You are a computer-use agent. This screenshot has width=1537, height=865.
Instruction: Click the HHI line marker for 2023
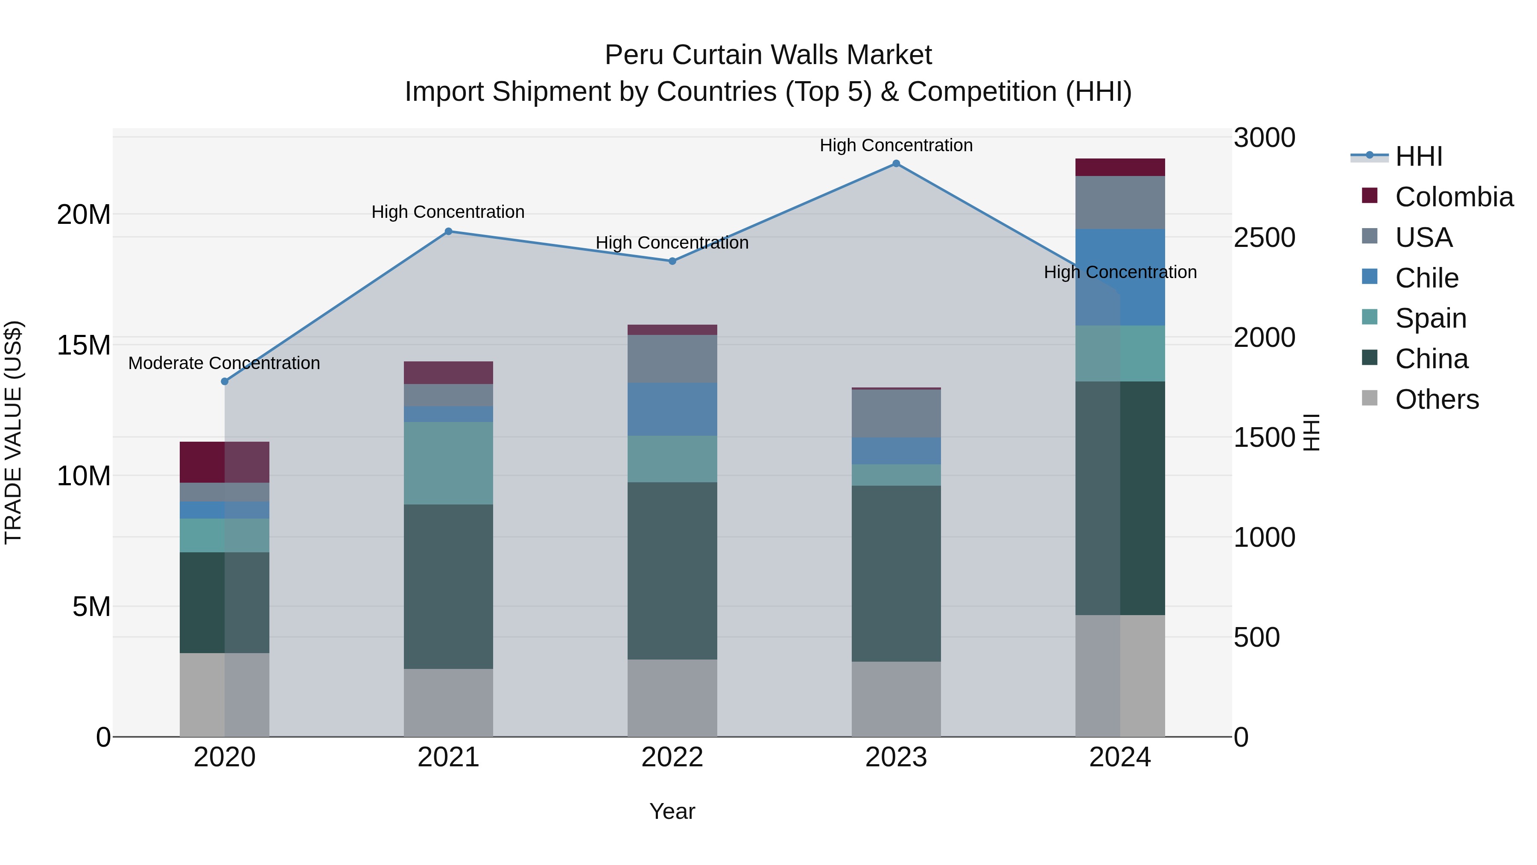click(896, 164)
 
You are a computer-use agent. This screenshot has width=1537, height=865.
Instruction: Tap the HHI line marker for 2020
click(224, 381)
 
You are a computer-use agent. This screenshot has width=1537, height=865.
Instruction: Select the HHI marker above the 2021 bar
click(448, 232)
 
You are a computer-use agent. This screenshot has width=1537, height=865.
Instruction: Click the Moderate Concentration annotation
click(224, 363)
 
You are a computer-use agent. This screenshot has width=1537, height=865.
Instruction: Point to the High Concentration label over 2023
click(896, 145)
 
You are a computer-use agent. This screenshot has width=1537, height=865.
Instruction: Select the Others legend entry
click(1436, 399)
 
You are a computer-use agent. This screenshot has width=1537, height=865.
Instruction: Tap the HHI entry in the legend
click(1418, 156)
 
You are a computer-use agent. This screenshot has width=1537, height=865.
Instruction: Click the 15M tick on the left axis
click(84, 345)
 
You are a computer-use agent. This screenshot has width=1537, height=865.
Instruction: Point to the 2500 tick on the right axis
click(1264, 238)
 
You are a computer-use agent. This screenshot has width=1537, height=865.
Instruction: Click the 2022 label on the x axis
click(672, 757)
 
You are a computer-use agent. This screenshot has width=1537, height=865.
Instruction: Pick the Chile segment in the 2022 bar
click(672, 410)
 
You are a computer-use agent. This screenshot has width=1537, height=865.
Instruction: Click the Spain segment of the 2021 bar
click(448, 463)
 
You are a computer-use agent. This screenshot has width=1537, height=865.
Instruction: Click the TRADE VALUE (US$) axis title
click(13, 432)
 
